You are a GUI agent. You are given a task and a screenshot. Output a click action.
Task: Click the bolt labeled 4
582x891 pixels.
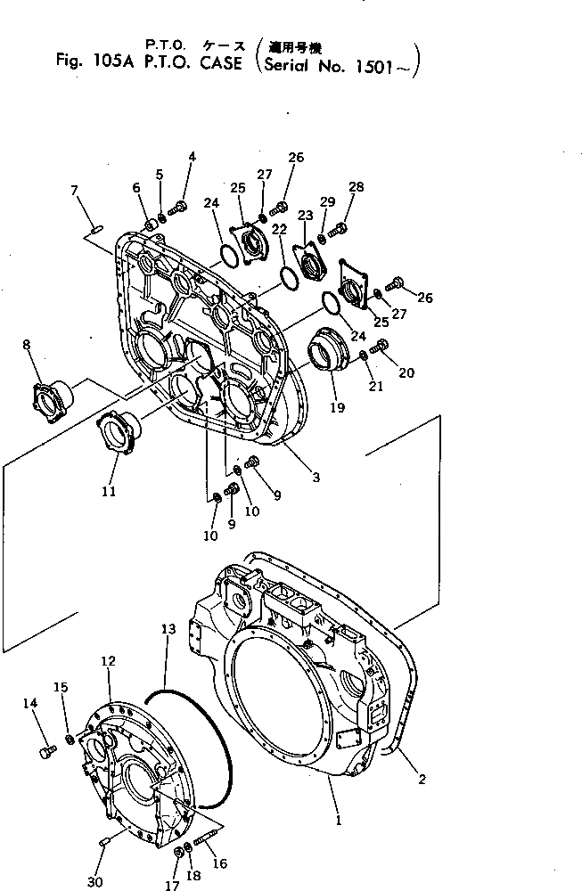point(177,208)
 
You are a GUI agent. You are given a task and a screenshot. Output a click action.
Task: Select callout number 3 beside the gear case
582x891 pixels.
point(316,478)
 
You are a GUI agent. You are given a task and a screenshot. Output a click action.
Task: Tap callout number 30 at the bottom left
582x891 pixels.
point(94,881)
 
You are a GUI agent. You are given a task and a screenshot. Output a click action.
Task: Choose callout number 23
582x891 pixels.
point(306,215)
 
